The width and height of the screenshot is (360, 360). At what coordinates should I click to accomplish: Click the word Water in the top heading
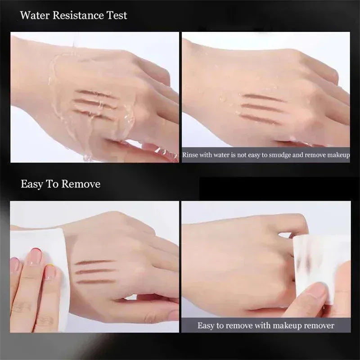pos(35,15)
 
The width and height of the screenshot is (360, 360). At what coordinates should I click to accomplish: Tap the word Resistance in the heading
pos(78,15)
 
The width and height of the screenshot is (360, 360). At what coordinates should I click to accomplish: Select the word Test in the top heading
pos(117,15)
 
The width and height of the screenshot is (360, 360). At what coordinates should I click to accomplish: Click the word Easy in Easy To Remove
pos(31,184)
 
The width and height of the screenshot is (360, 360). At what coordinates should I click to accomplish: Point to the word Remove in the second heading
pos(81,184)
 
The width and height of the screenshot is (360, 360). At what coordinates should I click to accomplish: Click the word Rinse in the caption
pos(190,155)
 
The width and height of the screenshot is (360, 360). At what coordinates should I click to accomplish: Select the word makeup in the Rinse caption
pos(338,155)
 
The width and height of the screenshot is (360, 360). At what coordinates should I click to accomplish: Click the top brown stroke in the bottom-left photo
pos(94,262)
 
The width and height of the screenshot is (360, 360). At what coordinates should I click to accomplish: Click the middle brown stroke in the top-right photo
pos(262,107)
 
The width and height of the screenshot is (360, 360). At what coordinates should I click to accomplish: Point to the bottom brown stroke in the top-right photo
pos(261,118)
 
